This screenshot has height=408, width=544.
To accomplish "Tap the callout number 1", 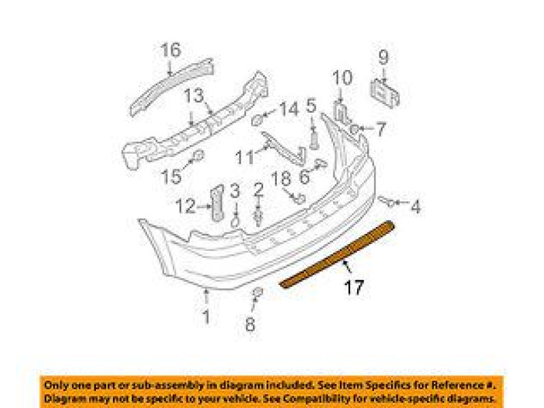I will click(205, 316).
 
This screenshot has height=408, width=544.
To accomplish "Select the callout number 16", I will click(171, 50).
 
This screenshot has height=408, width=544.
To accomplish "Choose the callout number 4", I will click(415, 206).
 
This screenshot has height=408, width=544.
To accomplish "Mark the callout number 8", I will click(250, 324).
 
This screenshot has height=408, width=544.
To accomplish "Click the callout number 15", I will click(171, 177).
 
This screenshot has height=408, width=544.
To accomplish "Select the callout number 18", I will click(280, 179).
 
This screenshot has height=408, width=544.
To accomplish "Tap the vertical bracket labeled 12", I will click(218, 202).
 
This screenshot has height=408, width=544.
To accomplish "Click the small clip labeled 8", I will click(258, 293).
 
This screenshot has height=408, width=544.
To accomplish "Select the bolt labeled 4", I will click(387, 201).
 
